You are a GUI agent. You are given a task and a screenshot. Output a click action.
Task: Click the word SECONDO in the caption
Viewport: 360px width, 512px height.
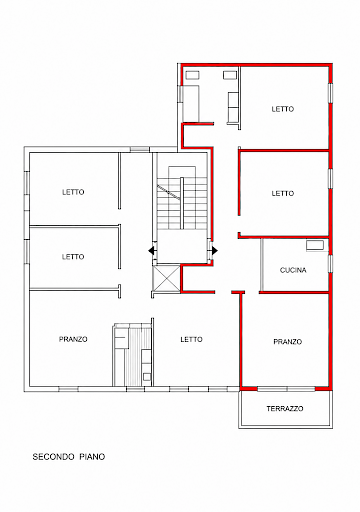[53, 457]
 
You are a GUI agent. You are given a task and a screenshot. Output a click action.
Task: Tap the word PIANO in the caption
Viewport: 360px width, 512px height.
[92, 457]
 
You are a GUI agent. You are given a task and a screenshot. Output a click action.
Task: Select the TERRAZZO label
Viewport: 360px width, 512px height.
[285, 409]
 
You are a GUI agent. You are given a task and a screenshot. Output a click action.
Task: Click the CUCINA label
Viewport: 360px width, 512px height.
[293, 270]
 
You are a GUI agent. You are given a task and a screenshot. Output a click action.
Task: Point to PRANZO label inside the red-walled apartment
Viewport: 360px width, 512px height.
[288, 342]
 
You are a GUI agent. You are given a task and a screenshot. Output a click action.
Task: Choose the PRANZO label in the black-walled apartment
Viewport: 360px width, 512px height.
[73, 339]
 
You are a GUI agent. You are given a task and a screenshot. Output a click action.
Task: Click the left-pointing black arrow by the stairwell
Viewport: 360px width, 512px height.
[152, 250]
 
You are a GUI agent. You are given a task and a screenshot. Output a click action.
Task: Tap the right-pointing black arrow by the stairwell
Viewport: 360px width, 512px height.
[214, 250]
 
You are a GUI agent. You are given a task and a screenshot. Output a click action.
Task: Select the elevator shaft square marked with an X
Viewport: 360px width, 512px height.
[166, 279]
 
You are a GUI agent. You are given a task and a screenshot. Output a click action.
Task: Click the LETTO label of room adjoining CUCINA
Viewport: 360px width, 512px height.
[283, 193]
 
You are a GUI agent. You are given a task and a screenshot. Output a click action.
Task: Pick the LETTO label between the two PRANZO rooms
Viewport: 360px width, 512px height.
[191, 339]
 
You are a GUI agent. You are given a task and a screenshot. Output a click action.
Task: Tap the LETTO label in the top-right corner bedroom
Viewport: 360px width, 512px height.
[283, 109]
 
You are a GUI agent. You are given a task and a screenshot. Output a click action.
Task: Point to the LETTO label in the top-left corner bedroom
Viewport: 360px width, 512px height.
[73, 192]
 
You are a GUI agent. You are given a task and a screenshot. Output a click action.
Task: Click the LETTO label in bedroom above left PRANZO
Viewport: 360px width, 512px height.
[73, 257]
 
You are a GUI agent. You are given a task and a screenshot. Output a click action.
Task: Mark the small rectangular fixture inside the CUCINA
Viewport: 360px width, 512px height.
[315, 245]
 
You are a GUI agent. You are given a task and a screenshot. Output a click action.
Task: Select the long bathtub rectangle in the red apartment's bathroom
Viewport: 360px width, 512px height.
[191, 103]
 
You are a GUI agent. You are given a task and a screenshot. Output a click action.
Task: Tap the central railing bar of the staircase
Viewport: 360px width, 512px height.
[182, 203]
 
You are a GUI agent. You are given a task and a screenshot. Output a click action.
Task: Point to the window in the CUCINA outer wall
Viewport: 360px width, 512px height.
[330, 264]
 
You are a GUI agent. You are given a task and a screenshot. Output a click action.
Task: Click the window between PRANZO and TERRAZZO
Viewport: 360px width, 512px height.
[286, 389]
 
